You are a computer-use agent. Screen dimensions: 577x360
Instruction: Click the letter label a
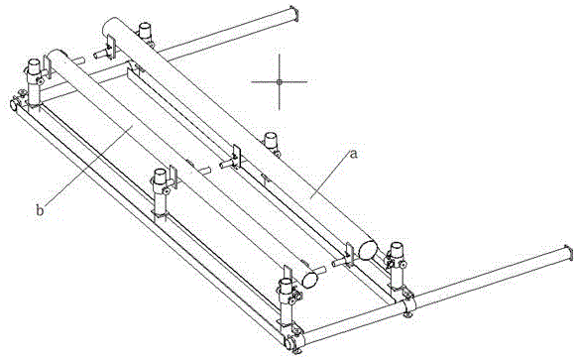[x=353, y=154]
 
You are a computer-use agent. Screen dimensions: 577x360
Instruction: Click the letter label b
[x=40, y=211]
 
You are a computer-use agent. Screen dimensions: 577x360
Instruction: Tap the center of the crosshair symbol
[x=279, y=81]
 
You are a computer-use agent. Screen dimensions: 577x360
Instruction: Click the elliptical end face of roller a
[x=368, y=250]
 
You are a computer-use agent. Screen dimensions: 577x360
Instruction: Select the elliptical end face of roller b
[x=310, y=280]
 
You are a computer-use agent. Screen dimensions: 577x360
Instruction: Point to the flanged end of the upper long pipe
[x=293, y=14]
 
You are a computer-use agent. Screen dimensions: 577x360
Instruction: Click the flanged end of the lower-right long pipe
[x=568, y=254]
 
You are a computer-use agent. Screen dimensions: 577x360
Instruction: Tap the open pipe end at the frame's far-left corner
[x=13, y=104]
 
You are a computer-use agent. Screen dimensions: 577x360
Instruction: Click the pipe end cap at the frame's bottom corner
[x=289, y=344]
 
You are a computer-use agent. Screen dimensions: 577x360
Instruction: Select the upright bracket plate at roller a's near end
[x=349, y=255]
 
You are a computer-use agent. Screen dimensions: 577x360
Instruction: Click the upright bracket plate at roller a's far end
[x=112, y=47]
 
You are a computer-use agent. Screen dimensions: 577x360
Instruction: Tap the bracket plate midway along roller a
[x=237, y=157]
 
